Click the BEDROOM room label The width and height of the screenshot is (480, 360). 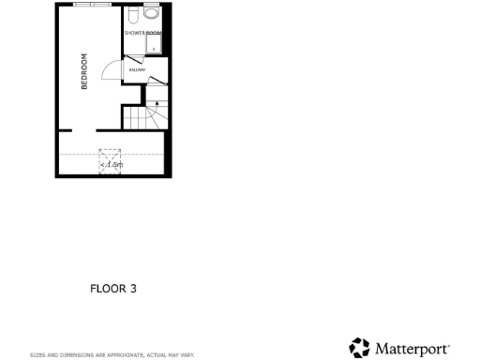tap(84, 70)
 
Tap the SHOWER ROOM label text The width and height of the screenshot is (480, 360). tap(142, 33)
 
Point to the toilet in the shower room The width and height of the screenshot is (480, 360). tap(133, 16)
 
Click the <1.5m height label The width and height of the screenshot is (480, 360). tap(112, 166)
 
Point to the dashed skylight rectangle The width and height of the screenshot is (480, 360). tap(112, 161)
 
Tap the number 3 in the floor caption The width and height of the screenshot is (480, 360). tap(133, 289)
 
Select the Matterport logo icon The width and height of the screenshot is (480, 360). tap(359, 348)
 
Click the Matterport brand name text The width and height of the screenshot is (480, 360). tap(412, 349)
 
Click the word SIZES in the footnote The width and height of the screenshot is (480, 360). tap(37, 355)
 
